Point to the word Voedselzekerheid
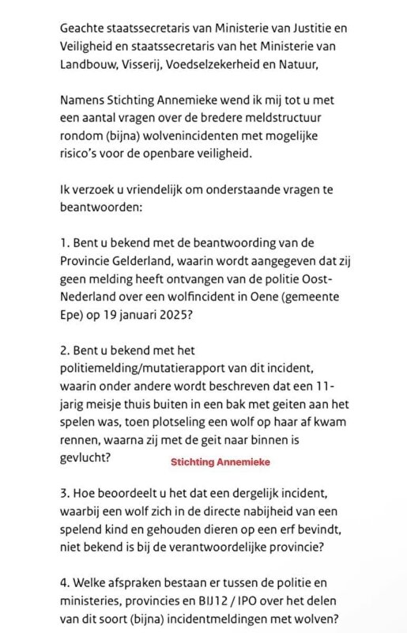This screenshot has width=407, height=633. click(x=233, y=63)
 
